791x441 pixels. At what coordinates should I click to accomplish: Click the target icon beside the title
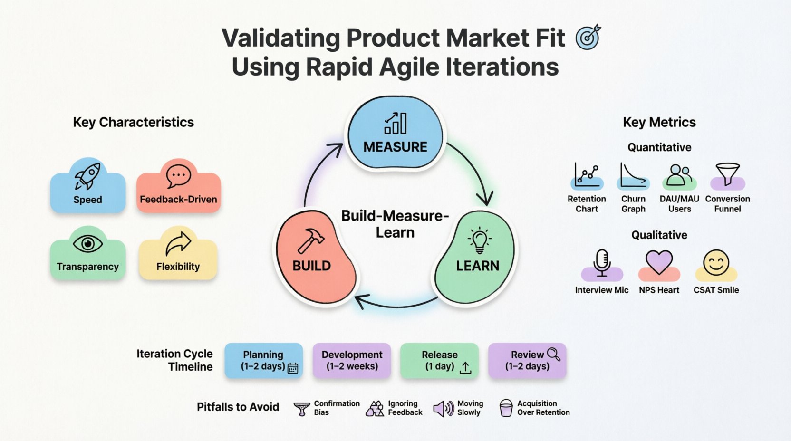coord(588,38)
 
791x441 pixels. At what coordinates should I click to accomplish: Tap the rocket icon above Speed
coord(88,175)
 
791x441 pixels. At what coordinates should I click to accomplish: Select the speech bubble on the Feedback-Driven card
coord(178,176)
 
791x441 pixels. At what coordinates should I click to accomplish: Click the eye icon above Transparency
coord(88,244)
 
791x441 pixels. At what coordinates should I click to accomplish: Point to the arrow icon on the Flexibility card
coord(178,243)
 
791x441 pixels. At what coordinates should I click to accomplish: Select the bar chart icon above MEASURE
coord(395,123)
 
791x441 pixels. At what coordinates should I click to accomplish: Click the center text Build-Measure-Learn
coord(395,224)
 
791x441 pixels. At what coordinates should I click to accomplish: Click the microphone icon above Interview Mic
coord(602,262)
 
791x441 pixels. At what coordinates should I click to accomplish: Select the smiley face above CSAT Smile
coord(716,263)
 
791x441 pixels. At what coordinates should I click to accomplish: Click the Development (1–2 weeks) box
coord(352,361)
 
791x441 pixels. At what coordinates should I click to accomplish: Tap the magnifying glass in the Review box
coord(553,354)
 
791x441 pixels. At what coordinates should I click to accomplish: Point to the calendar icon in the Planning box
coord(293,368)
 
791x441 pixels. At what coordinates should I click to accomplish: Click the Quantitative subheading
coord(659,147)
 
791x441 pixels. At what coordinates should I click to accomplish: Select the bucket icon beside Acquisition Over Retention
coord(506,408)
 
